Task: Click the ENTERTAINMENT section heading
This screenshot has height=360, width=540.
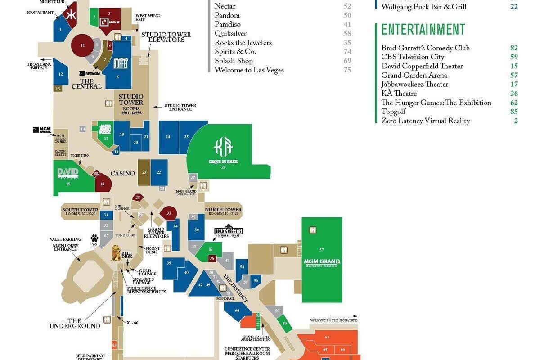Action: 423,30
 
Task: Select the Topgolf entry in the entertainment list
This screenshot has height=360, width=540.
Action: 394,112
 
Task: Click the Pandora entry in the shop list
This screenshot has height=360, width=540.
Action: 227,15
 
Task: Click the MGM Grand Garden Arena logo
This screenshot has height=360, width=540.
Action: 321,263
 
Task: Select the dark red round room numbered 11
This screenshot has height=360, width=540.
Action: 82,45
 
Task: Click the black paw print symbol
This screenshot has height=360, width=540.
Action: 94,238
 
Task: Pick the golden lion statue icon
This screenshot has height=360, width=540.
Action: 116,253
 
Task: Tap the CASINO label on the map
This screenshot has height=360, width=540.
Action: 123,174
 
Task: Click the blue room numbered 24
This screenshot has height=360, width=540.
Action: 168,137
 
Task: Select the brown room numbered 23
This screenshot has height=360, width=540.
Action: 144,172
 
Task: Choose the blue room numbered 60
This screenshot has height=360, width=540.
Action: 237,311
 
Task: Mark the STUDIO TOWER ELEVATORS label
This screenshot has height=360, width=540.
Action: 166,37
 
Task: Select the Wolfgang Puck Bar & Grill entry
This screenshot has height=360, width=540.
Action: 423,7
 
